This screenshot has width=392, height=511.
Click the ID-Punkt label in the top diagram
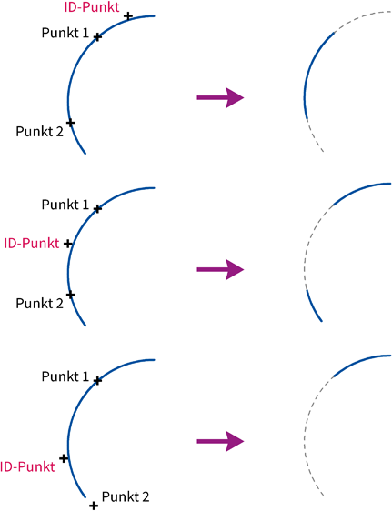point(92,7)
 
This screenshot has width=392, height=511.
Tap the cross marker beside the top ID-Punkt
point(128,16)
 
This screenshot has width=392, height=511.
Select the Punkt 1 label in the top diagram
point(65,33)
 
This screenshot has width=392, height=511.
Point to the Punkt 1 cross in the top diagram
point(97,37)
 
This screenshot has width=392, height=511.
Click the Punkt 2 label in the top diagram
point(39,132)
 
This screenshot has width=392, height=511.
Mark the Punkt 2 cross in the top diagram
point(70,123)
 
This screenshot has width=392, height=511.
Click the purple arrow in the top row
point(220,97)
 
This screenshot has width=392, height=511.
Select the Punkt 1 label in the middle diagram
point(65,205)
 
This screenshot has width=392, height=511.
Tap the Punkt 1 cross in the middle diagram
point(97,208)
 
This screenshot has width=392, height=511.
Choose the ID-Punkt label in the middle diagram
point(32,244)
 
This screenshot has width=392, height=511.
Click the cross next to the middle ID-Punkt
point(67,244)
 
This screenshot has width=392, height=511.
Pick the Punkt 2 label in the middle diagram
point(39,304)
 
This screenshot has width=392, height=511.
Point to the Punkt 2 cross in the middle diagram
point(70,295)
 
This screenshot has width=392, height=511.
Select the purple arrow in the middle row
point(220,269)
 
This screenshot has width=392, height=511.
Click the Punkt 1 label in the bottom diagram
point(65,376)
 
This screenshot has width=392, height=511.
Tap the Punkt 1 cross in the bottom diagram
point(97,380)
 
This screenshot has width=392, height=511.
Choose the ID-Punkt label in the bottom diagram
point(27,467)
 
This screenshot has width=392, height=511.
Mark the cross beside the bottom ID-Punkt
point(64,458)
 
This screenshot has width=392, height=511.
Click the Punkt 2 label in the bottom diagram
point(126,496)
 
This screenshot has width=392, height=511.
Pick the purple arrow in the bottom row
point(220,441)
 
